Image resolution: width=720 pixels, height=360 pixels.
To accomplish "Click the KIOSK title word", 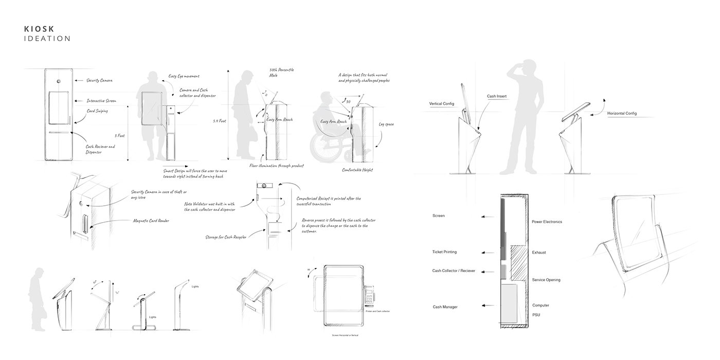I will click(39, 29).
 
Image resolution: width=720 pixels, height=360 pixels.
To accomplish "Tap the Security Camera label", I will click(99, 81).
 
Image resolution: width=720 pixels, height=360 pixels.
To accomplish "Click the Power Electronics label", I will click(547, 222).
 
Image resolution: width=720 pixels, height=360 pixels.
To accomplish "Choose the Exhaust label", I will click(539, 253).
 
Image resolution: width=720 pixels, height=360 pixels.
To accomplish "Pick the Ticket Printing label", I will click(444, 252).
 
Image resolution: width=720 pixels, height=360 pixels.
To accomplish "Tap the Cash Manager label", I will click(445, 307).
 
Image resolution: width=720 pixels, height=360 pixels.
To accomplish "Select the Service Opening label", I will click(546, 280).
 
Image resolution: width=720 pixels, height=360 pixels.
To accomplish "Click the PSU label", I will click(536, 315).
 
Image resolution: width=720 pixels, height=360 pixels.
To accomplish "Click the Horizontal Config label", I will click(622, 113).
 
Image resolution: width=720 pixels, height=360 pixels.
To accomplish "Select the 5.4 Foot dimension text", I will click(219, 121).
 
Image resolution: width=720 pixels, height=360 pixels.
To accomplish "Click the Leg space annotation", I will click(386, 124).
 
